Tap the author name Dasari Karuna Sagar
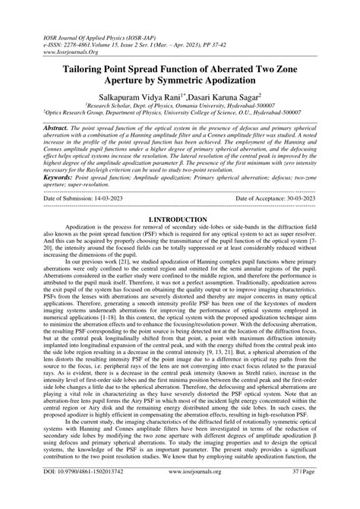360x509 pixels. [224, 100]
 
